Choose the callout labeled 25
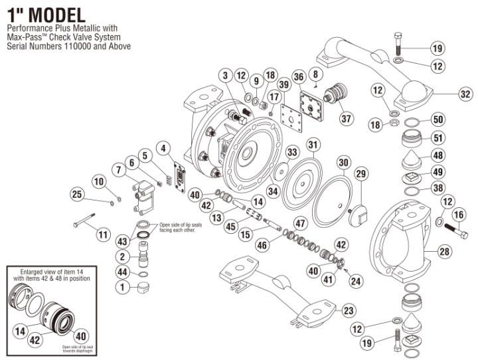pos(77,194)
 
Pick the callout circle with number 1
pos(123,288)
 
